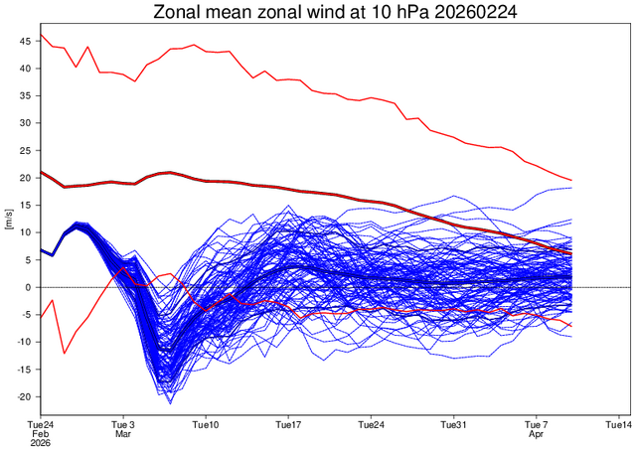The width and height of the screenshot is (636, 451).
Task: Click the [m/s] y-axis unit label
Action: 9,219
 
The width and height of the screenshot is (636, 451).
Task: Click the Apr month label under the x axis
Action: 537,434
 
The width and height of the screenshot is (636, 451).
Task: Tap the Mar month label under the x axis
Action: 123,434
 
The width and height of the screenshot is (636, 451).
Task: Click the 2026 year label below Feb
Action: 41,444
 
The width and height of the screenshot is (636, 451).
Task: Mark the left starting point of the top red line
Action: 41,35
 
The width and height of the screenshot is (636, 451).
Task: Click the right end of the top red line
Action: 571,180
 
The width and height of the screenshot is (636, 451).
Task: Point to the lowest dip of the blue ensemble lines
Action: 170,403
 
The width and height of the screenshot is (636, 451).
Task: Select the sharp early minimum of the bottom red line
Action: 65,353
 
